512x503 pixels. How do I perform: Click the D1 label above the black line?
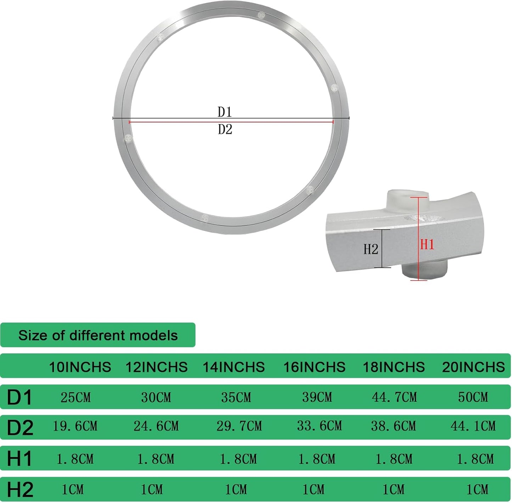[225, 112]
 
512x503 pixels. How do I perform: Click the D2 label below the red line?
[225, 130]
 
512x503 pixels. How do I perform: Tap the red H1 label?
[427, 245]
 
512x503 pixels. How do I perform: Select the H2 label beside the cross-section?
[371, 249]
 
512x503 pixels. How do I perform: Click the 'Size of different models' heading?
[98, 335]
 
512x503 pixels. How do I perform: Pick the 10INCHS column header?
[80, 367]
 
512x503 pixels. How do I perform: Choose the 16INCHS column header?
[314, 367]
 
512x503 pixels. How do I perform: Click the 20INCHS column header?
[473, 367]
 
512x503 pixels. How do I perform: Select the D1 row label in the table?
[19, 397]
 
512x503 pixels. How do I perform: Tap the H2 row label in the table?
[20, 490]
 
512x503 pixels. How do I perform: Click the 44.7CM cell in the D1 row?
[394, 397]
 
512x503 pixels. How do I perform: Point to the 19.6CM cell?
[75, 426]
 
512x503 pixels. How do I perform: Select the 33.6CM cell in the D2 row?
[320, 426]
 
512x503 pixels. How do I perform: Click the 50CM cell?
[473, 397]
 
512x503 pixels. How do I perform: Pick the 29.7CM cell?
[239, 426]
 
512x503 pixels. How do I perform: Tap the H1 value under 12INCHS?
[156, 459]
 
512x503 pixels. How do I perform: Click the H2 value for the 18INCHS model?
[393, 490]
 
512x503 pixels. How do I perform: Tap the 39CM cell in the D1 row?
[317, 397]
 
